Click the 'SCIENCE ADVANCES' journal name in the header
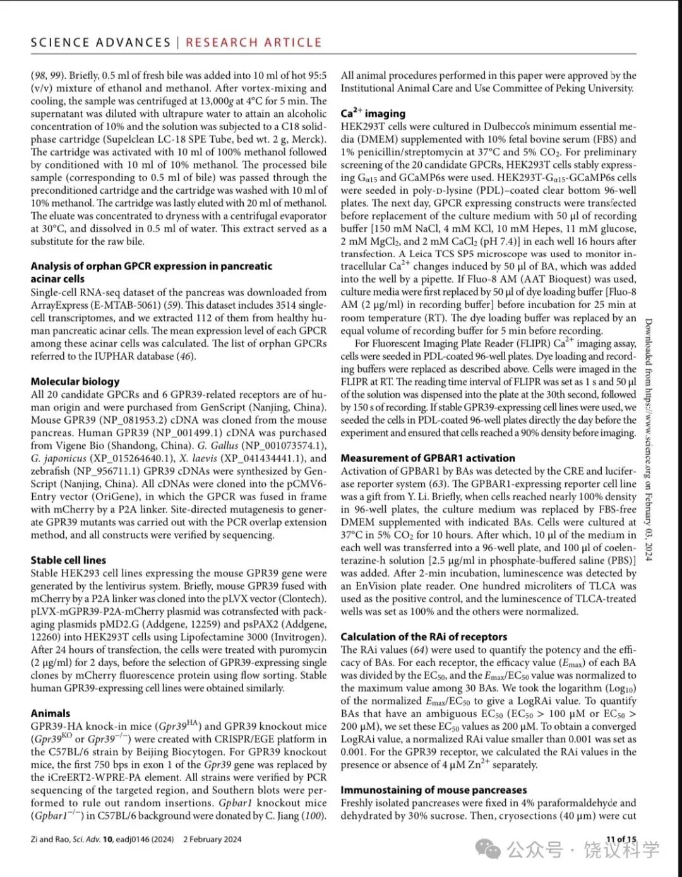[x=100, y=43]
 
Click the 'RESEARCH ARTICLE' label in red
[x=253, y=43]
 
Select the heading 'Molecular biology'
[x=75, y=381]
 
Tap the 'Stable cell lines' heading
[x=68, y=560]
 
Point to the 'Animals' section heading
[x=51, y=713]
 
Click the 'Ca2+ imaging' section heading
[x=373, y=113]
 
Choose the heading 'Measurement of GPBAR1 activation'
[x=428, y=458]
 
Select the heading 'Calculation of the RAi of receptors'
[x=424, y=636]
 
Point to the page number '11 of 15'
[x=621, y=839]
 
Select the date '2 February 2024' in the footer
[x=212, y=839]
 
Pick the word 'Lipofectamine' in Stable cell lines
[x=214, y=637]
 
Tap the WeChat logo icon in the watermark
[x=489, y=849]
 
